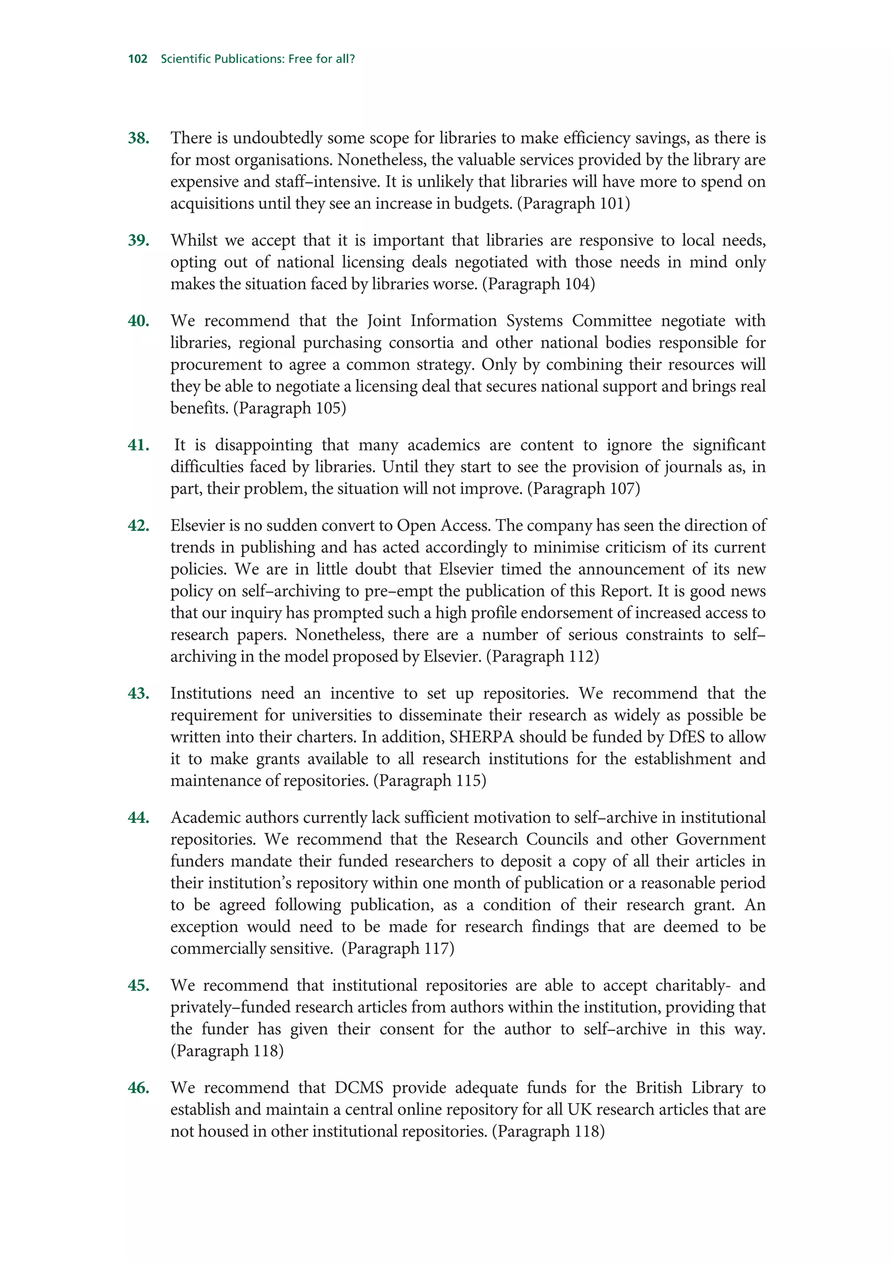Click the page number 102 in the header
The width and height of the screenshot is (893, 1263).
(137, 59)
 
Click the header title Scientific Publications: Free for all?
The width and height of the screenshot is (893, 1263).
(258, 59)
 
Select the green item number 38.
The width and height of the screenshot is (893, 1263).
(139, 138)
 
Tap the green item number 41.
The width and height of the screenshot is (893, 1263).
(139, 445)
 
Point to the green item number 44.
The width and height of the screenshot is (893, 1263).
(139, 818)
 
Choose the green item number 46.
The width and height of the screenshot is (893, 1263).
(139, 1087)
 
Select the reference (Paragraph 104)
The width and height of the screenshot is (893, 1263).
(538, 284)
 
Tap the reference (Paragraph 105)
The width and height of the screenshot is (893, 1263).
(290, 408)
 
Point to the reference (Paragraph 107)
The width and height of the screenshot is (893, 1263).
(583, 489)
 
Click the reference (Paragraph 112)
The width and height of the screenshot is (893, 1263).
(542, 656)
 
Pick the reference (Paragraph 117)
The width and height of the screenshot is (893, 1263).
(397, 948)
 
